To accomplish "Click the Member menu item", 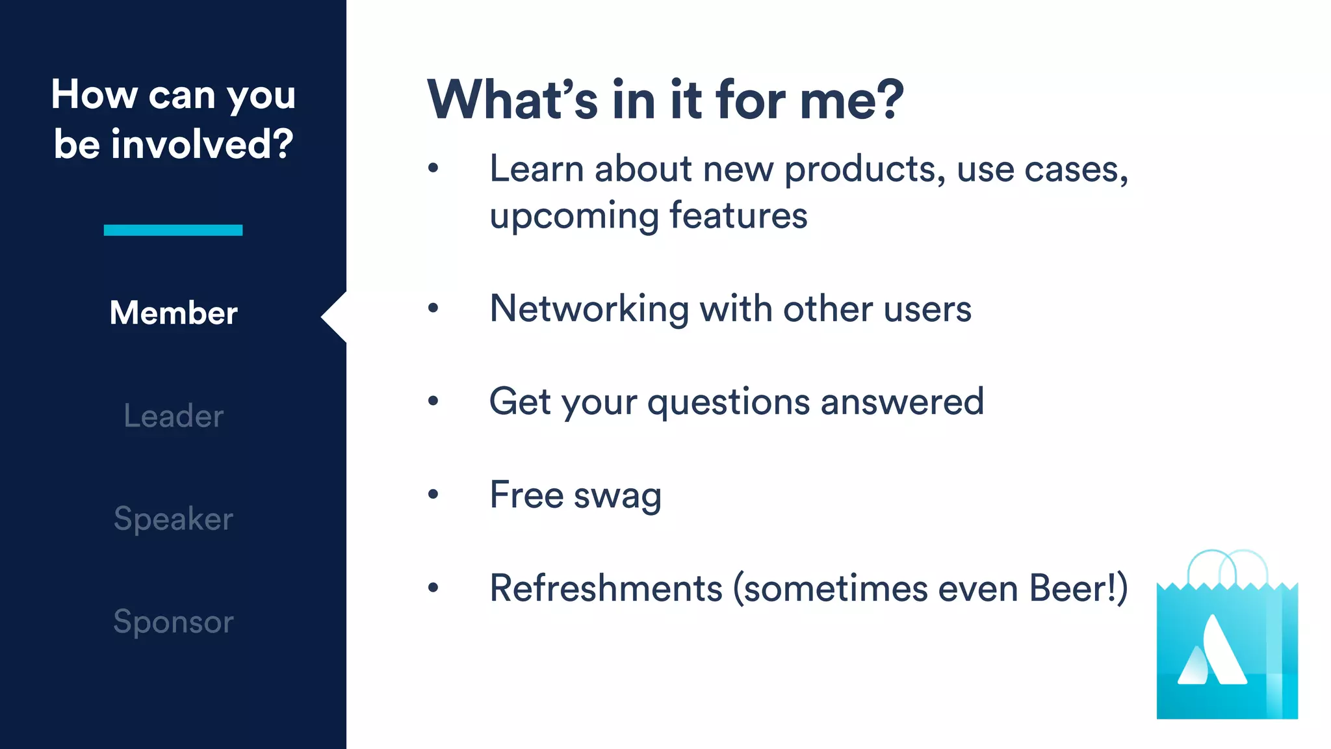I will pos(174,313).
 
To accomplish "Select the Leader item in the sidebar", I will pos(174,416).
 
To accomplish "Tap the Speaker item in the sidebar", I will pos(174,519).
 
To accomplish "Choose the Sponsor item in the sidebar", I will pos(174,622).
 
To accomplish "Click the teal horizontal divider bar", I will pos(173,230).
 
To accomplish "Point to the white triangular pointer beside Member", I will pos(335,317).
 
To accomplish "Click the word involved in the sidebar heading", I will pos(201,144).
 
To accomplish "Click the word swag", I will pos(617,495).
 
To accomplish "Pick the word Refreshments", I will pos(606,588).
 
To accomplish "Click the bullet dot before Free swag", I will pos(433,495).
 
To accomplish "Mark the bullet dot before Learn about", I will pos(433,169).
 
